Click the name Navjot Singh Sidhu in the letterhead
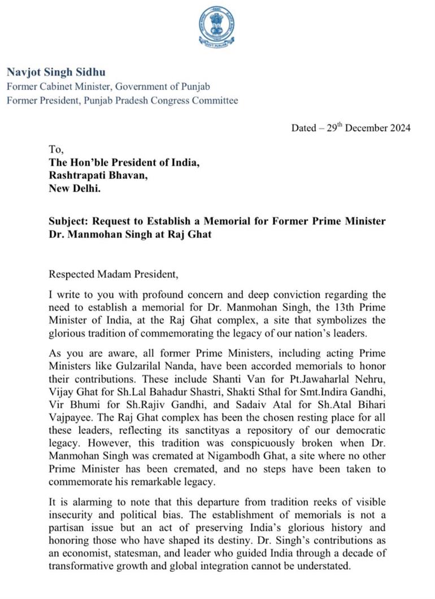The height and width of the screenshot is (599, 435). pos(56,72)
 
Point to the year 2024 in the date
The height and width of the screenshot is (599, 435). pos(399,128)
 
